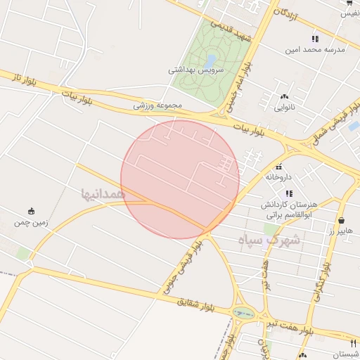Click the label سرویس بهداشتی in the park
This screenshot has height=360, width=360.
click(x=196, y=70)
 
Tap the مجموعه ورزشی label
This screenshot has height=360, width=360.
click(x=158, y=105)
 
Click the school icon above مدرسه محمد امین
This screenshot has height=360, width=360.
click(x=315, y=39)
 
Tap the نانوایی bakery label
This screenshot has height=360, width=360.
click(x=284, y=108)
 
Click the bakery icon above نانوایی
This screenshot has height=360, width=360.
click(x=284, y=97)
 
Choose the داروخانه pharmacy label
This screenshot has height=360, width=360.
click(x=279, y=178)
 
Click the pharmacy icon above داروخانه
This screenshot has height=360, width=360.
click(x=279, y=167)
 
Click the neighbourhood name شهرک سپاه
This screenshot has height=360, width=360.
click(x=268, y=240)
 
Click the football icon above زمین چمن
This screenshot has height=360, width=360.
click(x=31, y=211)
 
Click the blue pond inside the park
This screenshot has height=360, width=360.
click(x=211, y=60)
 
